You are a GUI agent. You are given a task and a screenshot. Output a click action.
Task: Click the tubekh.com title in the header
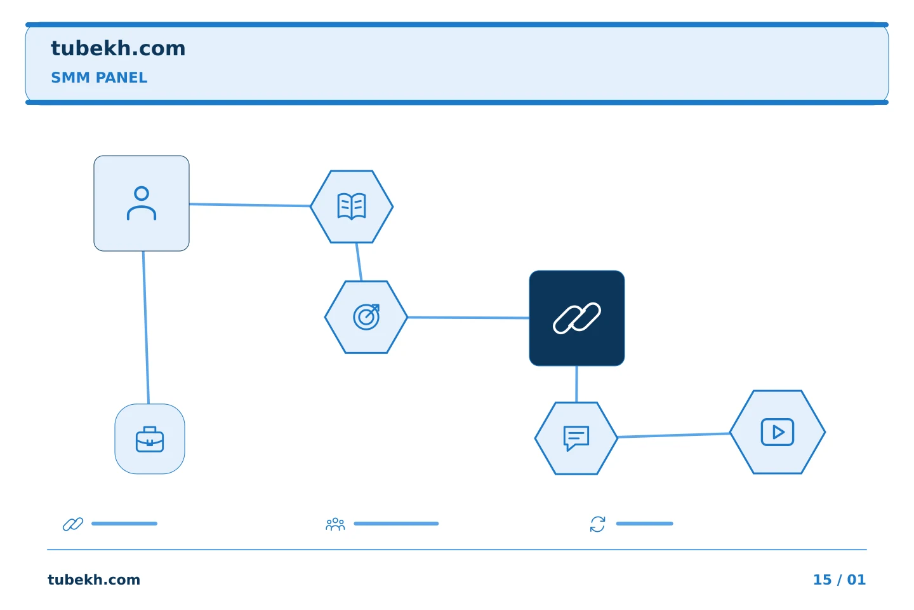[x=118, y=49]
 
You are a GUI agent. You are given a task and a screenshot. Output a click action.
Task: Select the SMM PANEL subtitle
[x=99, y=78]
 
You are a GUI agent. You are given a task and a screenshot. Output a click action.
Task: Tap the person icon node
[x=142, y=203]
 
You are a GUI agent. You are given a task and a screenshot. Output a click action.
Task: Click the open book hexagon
[x=352, y=207]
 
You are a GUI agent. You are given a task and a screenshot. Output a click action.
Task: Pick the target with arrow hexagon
[x=366, y=317]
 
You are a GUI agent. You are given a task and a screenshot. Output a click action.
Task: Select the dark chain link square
[x=576, y=318]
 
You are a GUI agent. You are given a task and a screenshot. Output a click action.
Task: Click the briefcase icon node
[x=150, y=439]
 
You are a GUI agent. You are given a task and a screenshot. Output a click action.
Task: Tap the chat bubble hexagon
[x=576, y=438]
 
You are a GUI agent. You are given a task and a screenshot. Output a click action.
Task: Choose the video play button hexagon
[x=778, y=432]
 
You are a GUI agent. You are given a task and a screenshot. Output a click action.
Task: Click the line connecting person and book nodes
[x=249, y=205]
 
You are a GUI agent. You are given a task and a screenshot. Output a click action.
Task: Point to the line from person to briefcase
[x=146, y=327]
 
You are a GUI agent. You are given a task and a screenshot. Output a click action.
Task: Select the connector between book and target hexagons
[x=359, y=262]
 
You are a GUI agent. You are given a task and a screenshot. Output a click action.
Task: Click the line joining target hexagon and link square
[x=468, y=318]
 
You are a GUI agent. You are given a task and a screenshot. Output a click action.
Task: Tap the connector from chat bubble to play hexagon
[x=673, y=435]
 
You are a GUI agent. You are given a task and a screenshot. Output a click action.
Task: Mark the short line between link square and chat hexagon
[x=576, y=384]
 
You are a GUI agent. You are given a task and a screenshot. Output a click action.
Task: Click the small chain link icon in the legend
[x=73, y=524]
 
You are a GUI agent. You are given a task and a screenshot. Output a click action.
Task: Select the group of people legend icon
[x=335, y=524]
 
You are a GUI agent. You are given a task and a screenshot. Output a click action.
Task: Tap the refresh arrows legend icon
[x=597, y=524]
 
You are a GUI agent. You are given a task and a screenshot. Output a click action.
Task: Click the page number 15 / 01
[x=839, y=579]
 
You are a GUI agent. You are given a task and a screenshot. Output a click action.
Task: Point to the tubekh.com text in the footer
[x=94, y=579]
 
